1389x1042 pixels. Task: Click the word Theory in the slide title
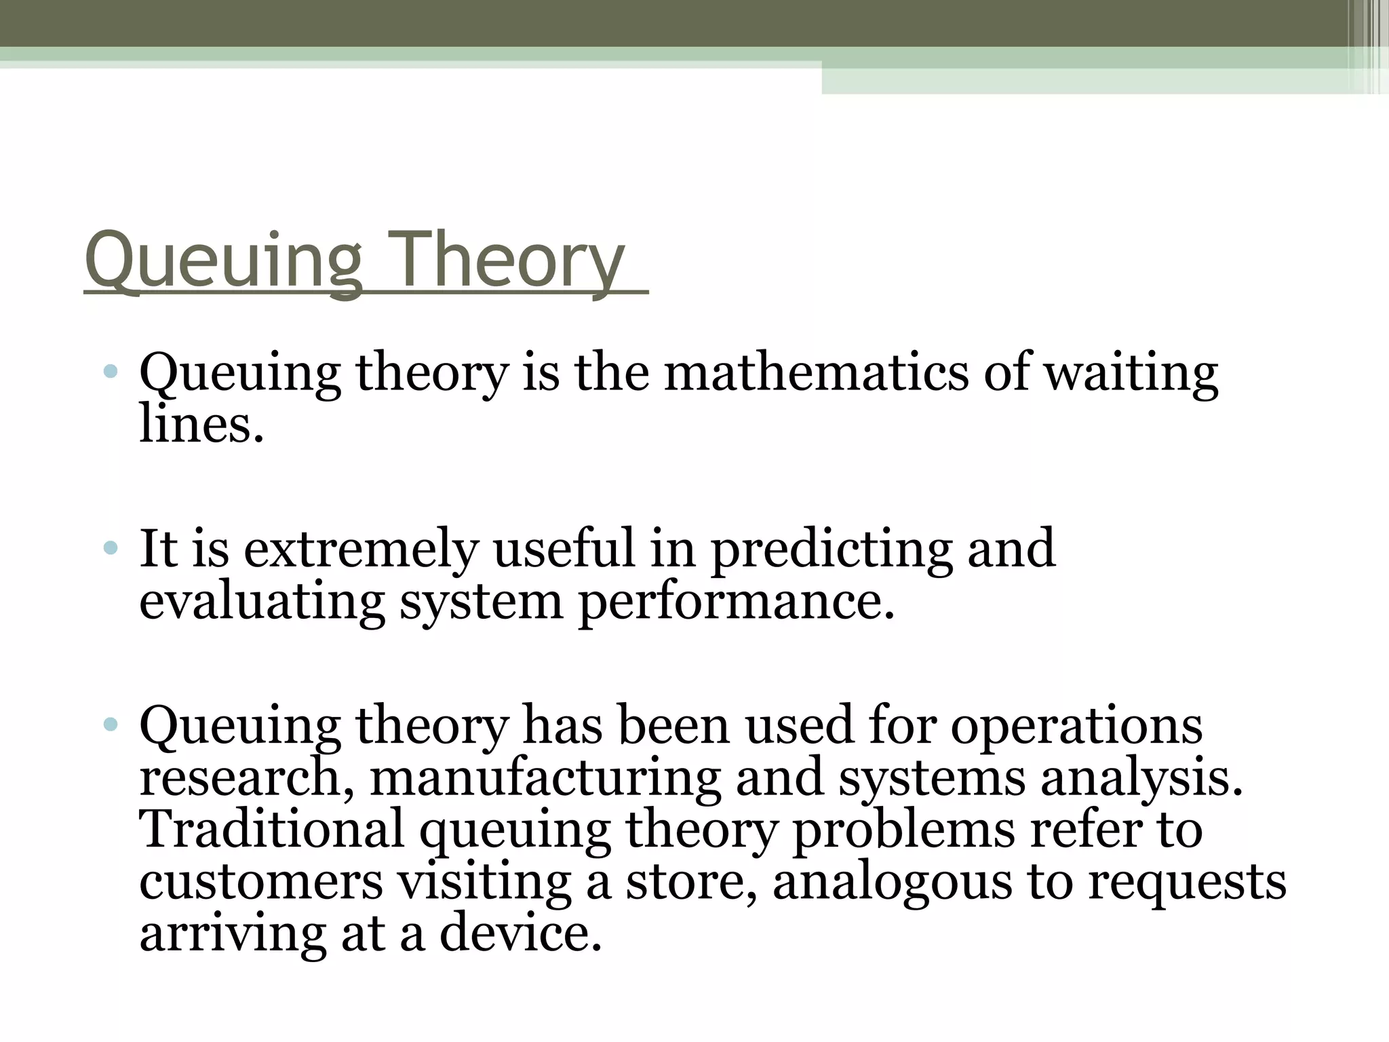click(x=507, y=260)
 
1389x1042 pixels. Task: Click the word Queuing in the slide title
click(x=224, y=260)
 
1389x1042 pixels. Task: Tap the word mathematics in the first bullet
click(x=816, y=374)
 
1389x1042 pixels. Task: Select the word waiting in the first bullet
click(x=1131, y=374)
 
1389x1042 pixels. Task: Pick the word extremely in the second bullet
click(x=361, y=549)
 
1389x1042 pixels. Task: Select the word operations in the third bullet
click(x=1076, y=725)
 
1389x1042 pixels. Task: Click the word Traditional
click(x=272, y=829)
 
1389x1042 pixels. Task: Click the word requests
click(x=1187, y=881)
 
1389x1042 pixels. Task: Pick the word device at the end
click(x=520, y=933)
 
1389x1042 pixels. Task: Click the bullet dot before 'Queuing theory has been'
click(x=111, y=725)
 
